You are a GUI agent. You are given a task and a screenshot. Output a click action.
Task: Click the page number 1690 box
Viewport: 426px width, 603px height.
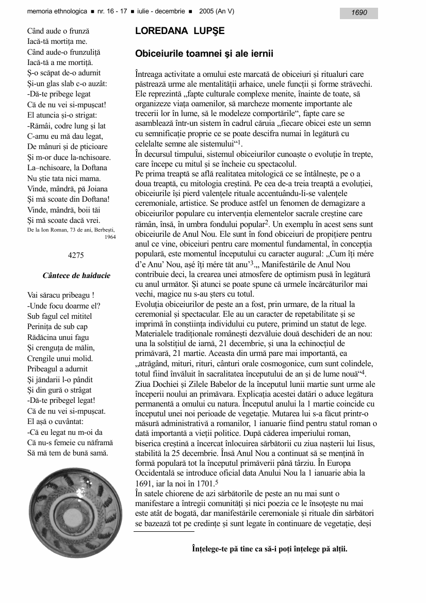coord(359,13)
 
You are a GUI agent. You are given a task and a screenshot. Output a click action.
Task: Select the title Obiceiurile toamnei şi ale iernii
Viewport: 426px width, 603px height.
coord(204,54)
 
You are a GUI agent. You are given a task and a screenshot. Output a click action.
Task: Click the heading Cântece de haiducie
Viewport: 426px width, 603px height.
coord(76,276)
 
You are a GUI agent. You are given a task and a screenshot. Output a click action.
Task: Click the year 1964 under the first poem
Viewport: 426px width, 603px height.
coord(109,237)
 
